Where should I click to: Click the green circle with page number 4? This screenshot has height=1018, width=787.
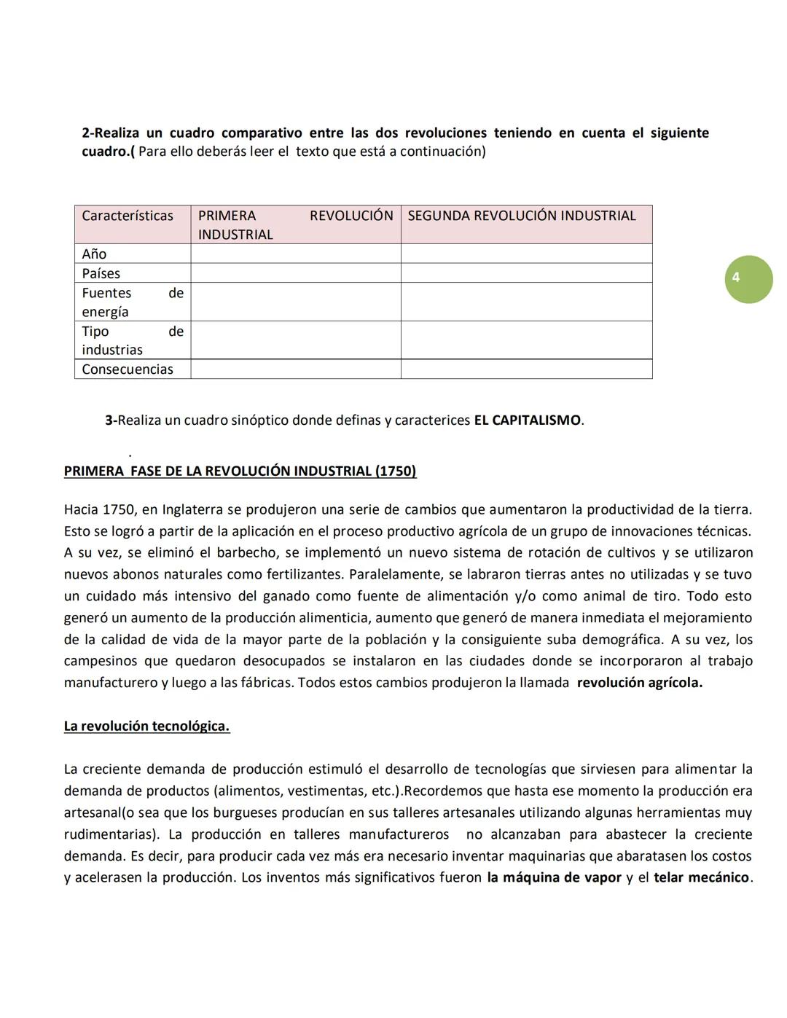748,279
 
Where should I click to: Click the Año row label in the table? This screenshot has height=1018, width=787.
95,254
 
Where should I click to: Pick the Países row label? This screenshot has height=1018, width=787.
101,273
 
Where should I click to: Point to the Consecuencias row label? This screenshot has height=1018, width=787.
128,369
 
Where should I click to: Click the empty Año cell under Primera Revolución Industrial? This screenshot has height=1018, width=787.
295,254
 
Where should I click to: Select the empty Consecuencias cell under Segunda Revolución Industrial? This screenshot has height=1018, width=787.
525,369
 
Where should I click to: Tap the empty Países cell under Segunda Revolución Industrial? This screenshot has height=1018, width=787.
525,273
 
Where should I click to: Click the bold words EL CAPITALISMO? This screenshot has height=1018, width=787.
527,420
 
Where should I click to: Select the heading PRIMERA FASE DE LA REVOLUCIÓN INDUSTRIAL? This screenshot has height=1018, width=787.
240,471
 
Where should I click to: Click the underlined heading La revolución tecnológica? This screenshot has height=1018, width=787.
146,726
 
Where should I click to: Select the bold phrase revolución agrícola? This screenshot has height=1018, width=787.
639,683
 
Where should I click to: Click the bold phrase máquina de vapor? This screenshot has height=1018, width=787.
554,877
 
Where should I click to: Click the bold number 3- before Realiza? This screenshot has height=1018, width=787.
111,420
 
